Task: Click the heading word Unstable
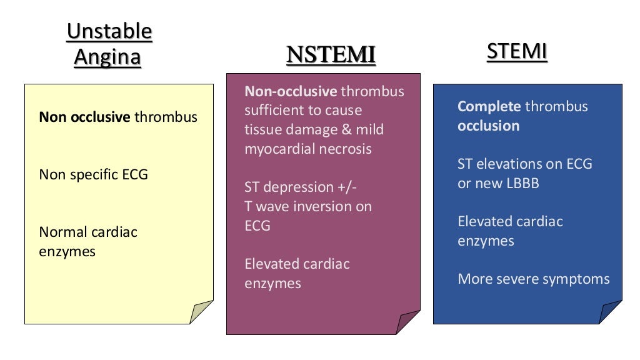click(x=109, y=31)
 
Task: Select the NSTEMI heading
click(x=331, y=54)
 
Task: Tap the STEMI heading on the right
click(x=516, y=52)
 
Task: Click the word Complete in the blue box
click(x=489, y=106)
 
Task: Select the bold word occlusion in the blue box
click(x=488, y=126)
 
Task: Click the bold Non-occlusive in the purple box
click(x=291, y=91)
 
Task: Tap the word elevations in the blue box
click(x=514, y=164)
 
